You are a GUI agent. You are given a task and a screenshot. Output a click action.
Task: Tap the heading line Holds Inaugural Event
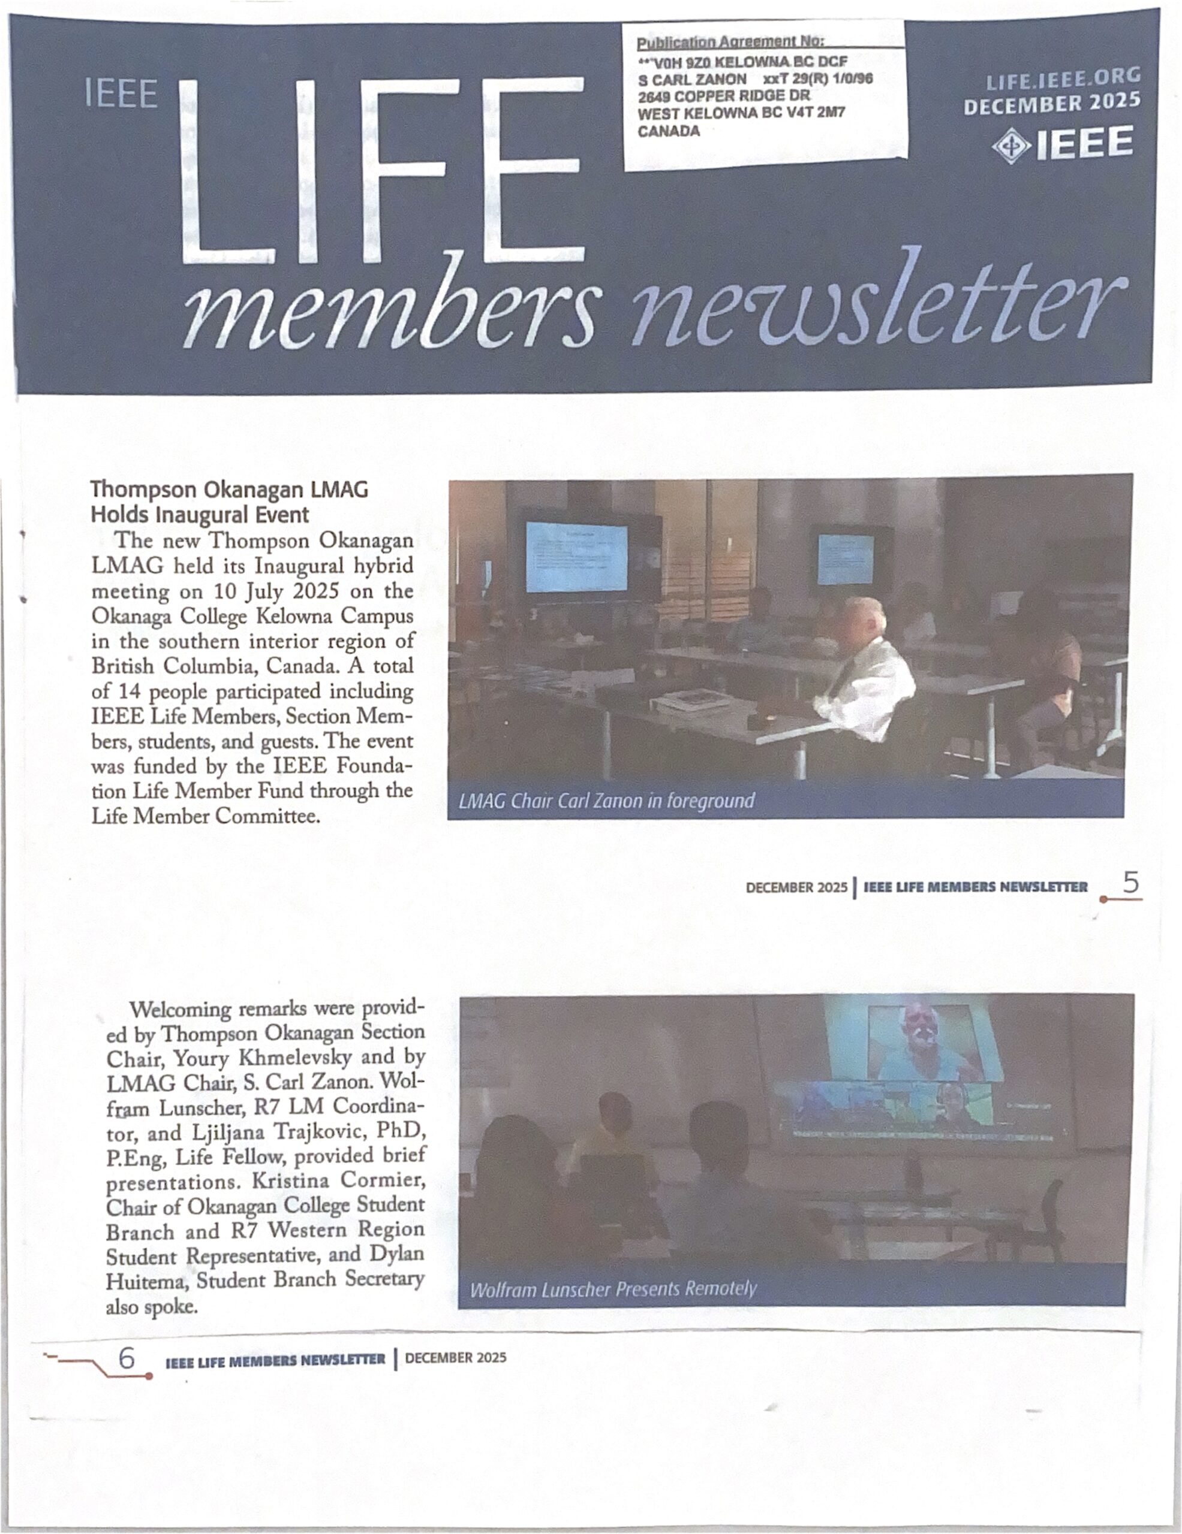tap(200, 515)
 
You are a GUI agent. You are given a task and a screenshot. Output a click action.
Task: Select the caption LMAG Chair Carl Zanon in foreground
tap(606, 801)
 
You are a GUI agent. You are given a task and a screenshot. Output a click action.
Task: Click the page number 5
tap(1130, 883)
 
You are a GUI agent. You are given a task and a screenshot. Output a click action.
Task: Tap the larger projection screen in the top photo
tap(576, 558)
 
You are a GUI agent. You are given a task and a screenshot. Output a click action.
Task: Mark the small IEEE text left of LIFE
tap(121, 94)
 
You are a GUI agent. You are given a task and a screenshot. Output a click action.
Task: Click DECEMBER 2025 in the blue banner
tap(1051, 104)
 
